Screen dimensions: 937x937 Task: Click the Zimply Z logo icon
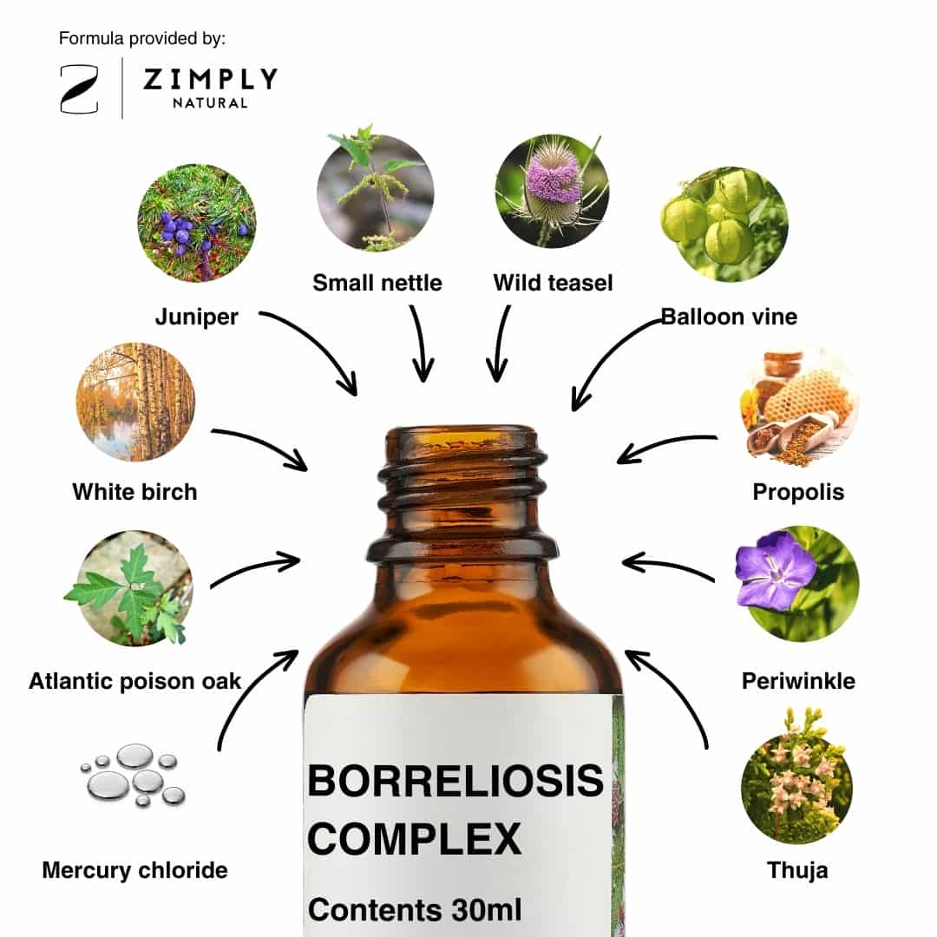coord(80,89)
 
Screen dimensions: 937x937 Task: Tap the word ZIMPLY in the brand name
coord(210,79)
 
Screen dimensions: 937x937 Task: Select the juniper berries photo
coord(197,223)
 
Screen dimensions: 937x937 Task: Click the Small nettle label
coord(377,283)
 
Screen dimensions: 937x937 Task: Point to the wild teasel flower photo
coord(552,191)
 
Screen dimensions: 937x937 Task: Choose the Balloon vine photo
coord(724,224)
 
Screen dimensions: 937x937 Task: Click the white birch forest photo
coord(135,402)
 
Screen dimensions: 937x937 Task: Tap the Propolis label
coord(798,492)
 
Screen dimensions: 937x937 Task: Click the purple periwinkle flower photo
coord(796,584)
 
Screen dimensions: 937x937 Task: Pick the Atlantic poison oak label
coord(135,681)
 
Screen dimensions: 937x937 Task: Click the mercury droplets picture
coord(134,775)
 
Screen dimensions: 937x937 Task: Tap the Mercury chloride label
coord(135,870)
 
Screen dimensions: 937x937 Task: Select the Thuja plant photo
coord(796,776)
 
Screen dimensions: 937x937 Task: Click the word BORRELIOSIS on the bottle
coord(455,781)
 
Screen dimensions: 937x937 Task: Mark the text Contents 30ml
coord(415,910)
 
